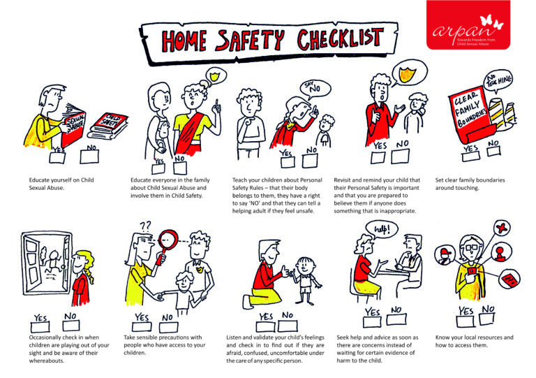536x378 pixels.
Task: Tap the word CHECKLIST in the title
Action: (334, 40)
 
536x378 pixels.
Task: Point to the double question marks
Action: (146, 226)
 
